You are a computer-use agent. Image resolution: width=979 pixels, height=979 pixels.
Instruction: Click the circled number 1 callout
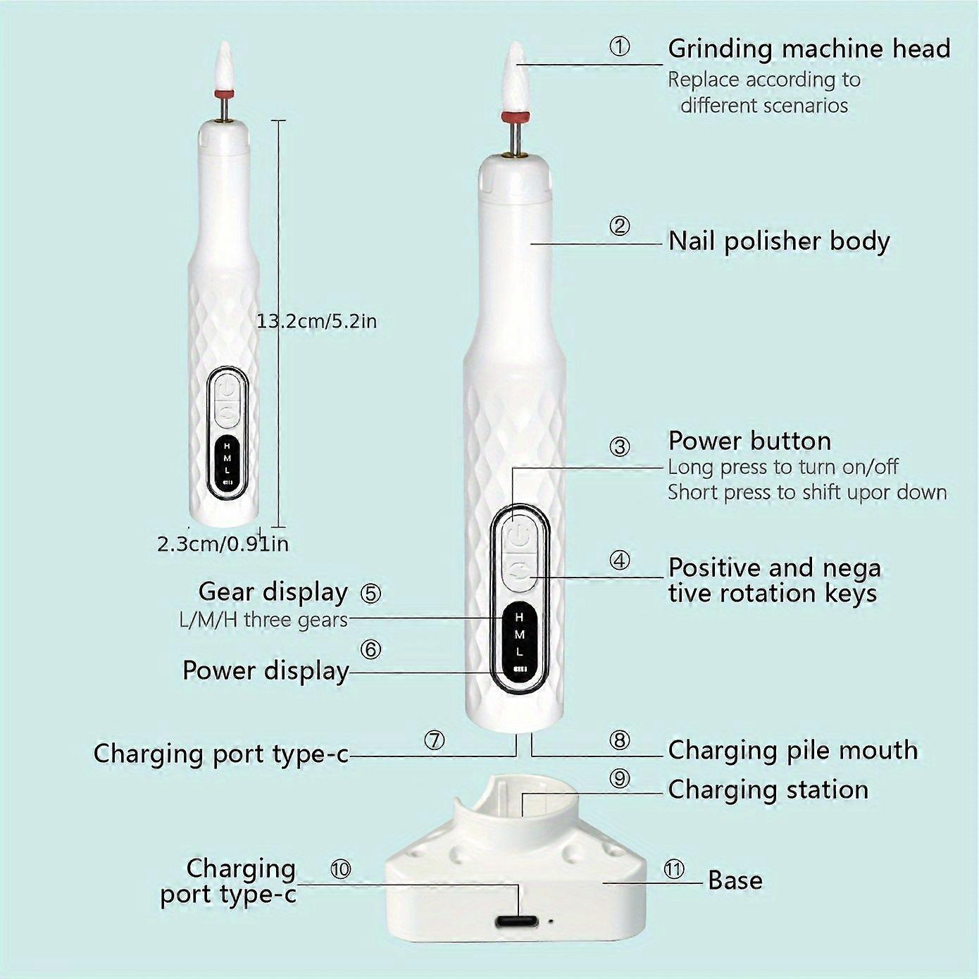(619, 47)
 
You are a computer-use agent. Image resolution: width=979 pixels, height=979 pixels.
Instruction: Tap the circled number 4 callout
(619, 561)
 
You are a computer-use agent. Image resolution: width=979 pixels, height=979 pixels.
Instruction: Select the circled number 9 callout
(619, 778)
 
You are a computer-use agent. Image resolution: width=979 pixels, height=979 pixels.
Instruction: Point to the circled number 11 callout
(674, 869)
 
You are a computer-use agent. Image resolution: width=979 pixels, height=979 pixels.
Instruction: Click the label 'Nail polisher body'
(779, 241)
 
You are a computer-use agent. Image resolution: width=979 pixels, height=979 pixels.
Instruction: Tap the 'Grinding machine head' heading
(809, 49)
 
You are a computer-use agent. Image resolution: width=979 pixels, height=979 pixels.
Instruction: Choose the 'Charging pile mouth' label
(793, 750)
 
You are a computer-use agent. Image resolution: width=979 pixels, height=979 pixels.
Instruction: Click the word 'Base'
(735, 880)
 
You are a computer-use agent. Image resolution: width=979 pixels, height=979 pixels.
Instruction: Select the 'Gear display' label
(273, 592)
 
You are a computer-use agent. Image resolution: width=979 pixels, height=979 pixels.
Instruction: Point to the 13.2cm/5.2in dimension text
(316, 321)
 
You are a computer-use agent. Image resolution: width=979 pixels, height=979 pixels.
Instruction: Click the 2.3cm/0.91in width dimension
(223, 544)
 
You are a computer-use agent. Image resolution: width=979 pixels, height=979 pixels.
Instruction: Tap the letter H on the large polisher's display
(519, 617)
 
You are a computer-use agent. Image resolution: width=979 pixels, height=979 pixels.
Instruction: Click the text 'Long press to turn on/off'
(783, 467)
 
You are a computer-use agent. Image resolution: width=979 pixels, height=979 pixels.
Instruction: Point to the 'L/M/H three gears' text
(263, 620)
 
